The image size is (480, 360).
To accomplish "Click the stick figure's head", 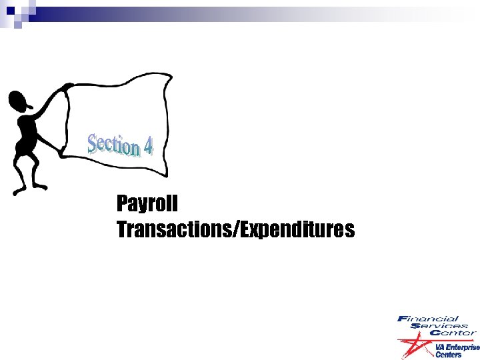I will [x=18, y=100].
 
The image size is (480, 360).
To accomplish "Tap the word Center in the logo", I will [x=453, y=332].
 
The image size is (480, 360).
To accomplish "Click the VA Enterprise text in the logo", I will [x=457, y=347].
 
